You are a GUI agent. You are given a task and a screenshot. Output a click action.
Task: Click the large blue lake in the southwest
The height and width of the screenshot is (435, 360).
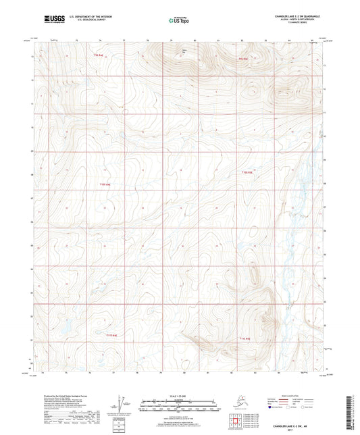coord(66,330)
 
